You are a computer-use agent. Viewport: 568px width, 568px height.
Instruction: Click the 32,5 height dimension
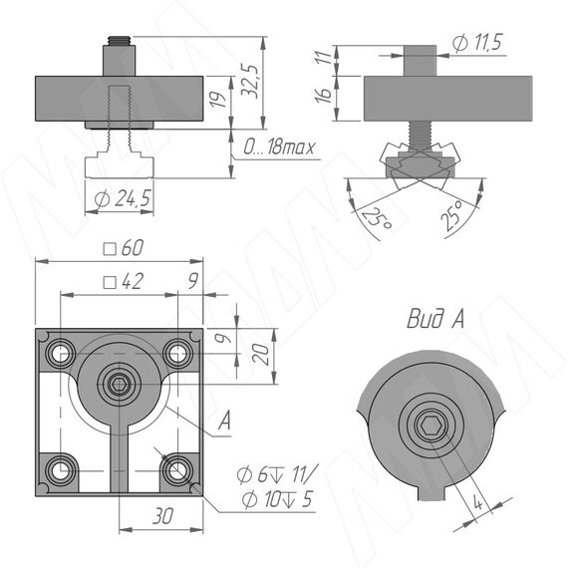click(x=250, y=82)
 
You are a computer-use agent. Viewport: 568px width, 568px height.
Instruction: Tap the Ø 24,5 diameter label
click(x=123, y=198)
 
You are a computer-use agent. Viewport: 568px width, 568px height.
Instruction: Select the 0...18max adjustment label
click(x=279, y=147)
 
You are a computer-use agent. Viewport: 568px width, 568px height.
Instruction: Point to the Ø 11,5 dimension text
click(x=477, y=43)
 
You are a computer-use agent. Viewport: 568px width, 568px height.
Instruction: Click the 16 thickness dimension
click(x=323, y=95)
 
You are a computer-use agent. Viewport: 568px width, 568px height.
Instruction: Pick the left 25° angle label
click(x=376, y=218)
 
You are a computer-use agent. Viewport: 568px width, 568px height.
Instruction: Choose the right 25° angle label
click(x=452, y=215)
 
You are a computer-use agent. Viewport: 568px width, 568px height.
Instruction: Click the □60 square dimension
click(x=124, y=248)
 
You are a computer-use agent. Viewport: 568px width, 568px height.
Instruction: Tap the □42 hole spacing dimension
click(x=124, y=281)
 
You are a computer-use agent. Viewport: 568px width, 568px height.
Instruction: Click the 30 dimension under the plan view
click(x=162, y=516)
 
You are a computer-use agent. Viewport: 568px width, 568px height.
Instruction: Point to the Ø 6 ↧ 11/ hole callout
click(x=277, y=474)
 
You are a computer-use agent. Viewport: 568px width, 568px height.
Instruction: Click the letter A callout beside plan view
click(x=224, y=421)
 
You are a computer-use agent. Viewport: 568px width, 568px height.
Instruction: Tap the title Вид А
click(x=435, y=319)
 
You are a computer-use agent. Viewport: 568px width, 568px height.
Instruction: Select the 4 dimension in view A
click(x=478, y=503)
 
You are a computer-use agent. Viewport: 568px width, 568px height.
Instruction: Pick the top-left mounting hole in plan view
click(x=61, y=353)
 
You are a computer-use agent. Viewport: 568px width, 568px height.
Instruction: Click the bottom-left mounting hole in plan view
click(x=61, y=471)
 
